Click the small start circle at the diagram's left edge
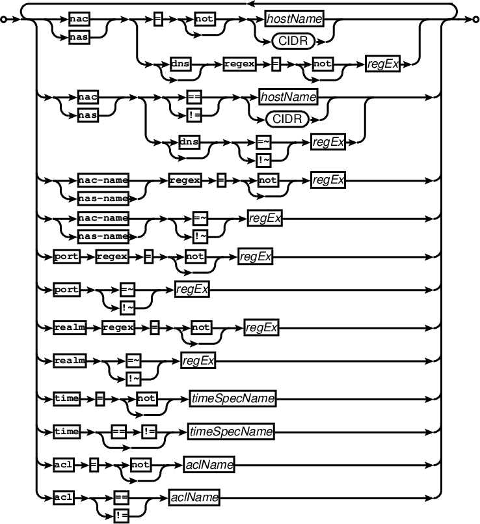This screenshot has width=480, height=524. [4, 20]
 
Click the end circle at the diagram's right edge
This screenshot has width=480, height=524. [475, 20]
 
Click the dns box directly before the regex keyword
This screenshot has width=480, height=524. [180, 64]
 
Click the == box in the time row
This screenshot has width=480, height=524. [118, 431]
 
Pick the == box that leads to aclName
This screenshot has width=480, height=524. [120, 498]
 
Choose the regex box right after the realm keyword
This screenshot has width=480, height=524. [118, 328]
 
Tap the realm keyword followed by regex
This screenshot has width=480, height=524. [69, 328]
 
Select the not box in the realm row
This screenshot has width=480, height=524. [201, 328]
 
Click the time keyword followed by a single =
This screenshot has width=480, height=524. [66, 396]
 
